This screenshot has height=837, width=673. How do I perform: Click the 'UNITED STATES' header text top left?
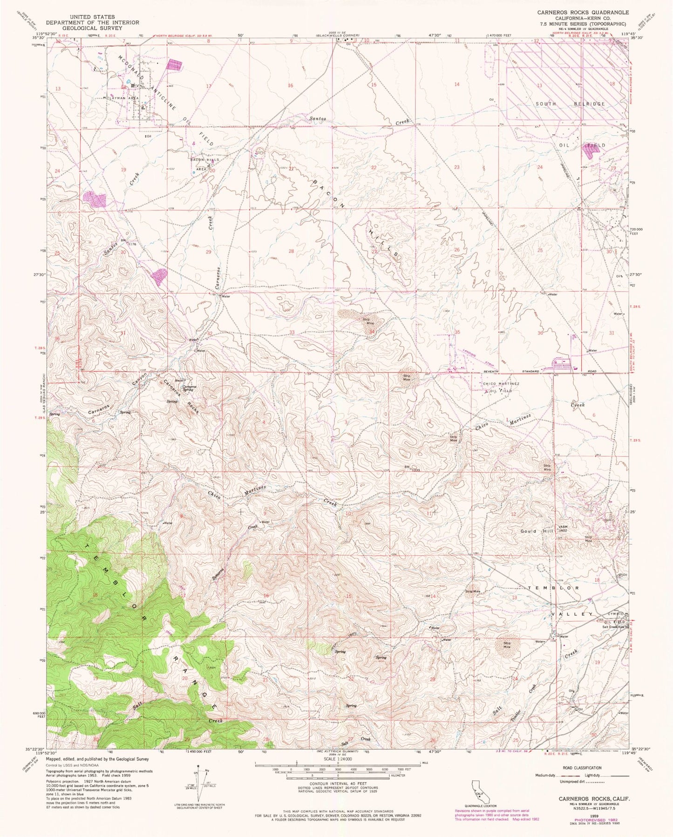click(x=92, y=17)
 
